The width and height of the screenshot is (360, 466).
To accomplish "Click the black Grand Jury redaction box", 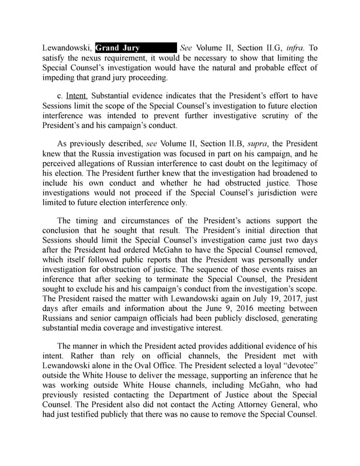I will [x=136, y=47].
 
